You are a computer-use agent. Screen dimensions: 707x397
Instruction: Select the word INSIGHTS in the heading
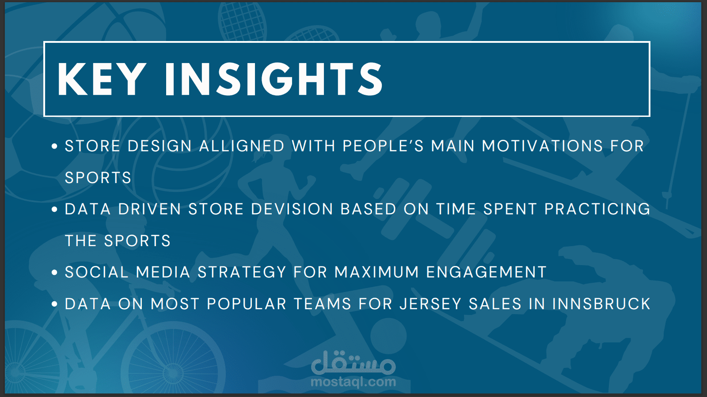click(x=274, y=79)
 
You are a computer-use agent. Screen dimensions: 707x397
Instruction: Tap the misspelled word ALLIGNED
click(x=242, y=146)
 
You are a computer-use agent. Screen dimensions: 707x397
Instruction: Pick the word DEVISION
click(x=292, y=209)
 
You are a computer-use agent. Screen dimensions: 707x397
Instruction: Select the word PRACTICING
click(x=597, y=209)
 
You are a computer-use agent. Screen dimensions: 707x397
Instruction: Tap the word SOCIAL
click(x=97, y=272)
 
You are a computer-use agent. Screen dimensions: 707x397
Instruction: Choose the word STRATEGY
click(x=242, y=272)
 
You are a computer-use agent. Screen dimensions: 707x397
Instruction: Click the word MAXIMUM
click(x=376, y=272)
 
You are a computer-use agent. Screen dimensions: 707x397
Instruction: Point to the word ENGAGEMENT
click(x=487, y=272)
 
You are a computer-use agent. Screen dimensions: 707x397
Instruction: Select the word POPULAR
click(x=247, y=304)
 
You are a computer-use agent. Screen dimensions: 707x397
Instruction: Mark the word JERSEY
click(x=430, y=304)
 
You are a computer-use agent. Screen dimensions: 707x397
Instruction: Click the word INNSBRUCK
click(x=601, y=304)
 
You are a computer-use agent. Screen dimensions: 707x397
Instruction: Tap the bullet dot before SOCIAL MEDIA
click(x=54, y=272)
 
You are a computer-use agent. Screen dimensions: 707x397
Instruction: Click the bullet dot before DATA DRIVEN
click(x=54, y=209)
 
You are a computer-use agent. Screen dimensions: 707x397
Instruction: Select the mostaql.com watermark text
click(x=353, y=382)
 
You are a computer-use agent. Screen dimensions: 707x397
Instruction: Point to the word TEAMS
click(x=323, y=304)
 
